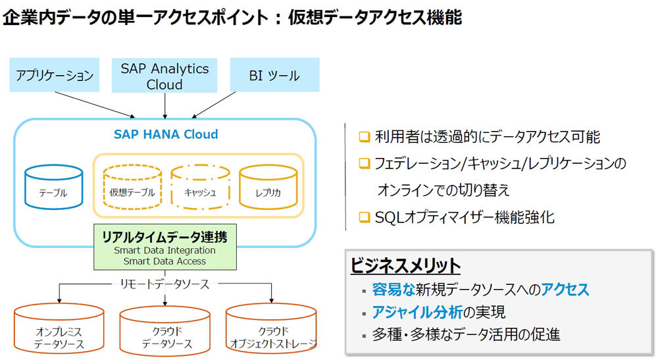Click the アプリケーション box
click(54, 74)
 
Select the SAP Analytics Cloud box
click(164, 76)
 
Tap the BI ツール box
click(274, 74)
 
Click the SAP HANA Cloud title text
click(166, 134)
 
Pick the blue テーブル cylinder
click(53, 187)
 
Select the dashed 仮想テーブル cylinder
click(132, 187)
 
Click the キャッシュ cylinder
click(200, 187)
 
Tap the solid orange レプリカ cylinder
click(268, 187)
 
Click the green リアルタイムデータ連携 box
click(165, 247)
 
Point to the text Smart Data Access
click(164, 261)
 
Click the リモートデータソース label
click(164, 284)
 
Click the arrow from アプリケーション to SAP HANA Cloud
click(95, 105)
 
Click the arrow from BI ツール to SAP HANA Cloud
click(213, 105)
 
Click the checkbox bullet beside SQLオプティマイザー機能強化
click(365, 217)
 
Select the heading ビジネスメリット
click(405, 266)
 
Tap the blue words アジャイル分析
click(417, 312)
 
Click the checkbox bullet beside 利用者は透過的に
click(365, 137)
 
